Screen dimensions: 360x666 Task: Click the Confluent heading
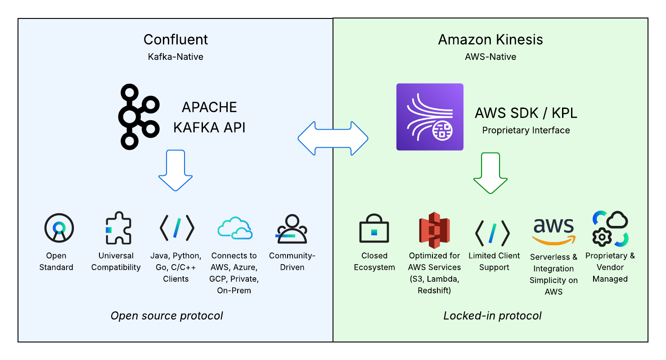pos(175,40)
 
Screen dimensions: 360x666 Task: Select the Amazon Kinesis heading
pos(490,40)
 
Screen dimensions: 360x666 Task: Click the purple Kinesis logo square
pos(430,117)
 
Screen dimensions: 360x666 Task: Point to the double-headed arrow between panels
pos(333,138)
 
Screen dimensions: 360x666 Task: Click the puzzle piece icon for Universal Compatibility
pos(118,228)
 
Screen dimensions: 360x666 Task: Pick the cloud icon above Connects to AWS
pos(234,228)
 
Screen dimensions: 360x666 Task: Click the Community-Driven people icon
pos(292,229)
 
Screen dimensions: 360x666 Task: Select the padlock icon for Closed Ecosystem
pos(374,228)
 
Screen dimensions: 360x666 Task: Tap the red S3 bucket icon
pos(434,230)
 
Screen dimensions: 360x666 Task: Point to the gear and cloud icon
pos(610,229)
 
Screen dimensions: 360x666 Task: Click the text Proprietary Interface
pos(526,130)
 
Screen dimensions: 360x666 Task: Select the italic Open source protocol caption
pos(166,316)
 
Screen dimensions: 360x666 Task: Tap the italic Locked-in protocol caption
pos(492,316)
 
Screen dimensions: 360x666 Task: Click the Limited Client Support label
pos(494,261)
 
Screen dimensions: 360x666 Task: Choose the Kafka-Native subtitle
pos(175,57)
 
